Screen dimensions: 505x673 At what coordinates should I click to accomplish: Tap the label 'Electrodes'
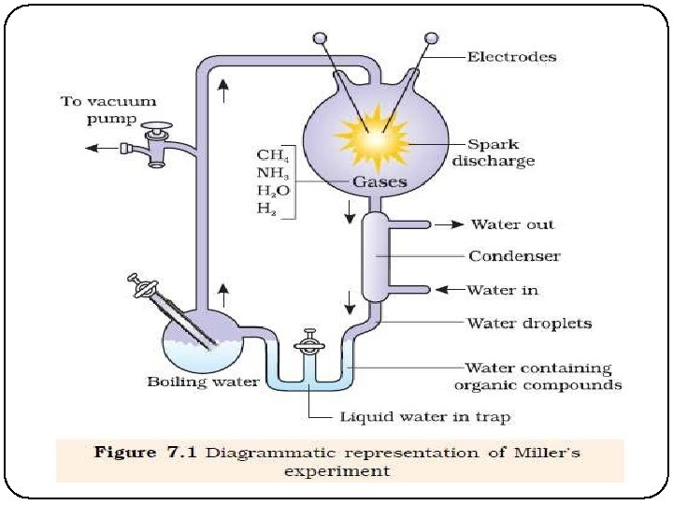click(511, 57)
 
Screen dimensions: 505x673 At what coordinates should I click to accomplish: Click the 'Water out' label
click(512, 224)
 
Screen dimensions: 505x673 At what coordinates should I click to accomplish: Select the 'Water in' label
click(505, 290)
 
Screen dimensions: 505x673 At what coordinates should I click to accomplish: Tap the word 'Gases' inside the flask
click(379, 181)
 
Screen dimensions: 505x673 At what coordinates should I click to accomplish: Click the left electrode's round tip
click(321, 38)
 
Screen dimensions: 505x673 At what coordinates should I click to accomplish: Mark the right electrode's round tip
click(431, 38)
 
